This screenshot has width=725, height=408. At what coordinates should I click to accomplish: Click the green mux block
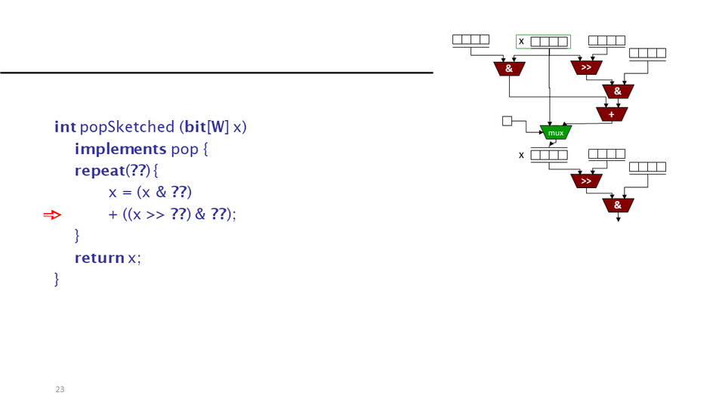556,132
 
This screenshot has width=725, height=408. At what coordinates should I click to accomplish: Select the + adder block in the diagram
611,114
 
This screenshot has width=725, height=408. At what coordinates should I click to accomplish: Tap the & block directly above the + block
618,91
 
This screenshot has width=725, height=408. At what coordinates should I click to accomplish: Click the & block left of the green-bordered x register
509,69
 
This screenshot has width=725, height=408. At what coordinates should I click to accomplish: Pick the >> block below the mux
586,181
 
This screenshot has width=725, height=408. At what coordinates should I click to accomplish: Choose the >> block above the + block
586,68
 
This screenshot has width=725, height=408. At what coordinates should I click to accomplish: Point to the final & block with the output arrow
618,205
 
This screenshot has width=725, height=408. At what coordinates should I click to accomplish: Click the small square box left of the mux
507,121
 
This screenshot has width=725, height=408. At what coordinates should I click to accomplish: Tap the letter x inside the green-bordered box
521,41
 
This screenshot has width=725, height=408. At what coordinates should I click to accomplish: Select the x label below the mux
521,155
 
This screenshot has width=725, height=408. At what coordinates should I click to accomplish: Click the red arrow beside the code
51,215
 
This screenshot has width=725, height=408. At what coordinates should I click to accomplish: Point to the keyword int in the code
65,127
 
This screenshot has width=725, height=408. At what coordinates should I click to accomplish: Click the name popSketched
126,127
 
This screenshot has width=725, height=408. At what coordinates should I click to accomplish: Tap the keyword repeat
99,171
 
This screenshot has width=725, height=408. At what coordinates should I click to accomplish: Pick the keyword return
99,258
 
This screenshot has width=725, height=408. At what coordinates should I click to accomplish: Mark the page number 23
60,389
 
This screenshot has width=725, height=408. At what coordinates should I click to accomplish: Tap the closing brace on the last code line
57,280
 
